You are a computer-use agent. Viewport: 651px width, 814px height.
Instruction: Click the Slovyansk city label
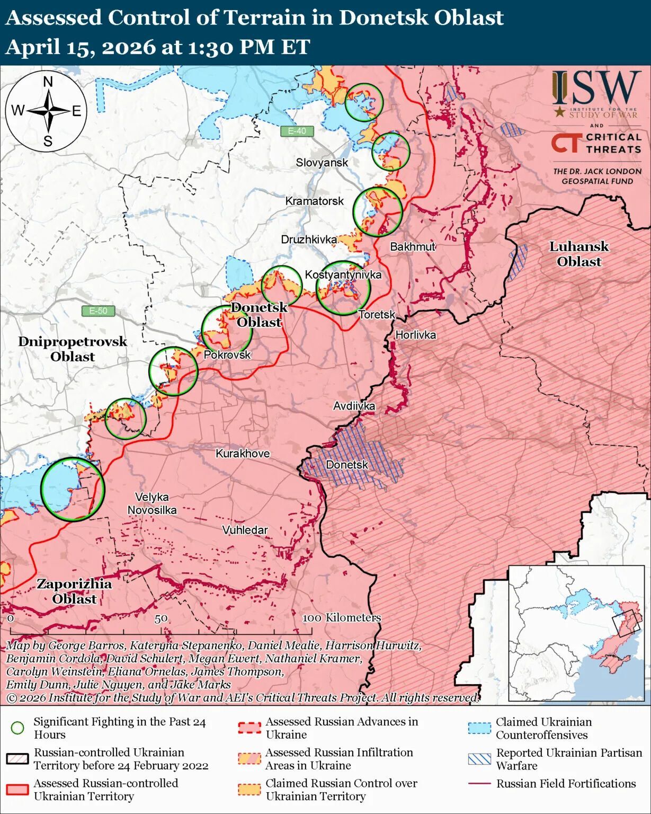(322, 162)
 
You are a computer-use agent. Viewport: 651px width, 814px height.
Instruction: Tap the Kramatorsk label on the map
(314, 201)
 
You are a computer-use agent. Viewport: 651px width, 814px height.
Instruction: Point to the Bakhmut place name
(412, 246)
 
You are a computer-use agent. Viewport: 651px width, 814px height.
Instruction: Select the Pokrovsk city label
(227, 355)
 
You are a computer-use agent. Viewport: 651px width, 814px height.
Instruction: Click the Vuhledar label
(245, 529)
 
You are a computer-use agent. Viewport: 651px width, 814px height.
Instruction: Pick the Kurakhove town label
(242, 453)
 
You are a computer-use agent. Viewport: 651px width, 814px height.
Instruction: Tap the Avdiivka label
(354, 406)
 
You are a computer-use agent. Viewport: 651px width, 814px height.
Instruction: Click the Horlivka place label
(415, 334)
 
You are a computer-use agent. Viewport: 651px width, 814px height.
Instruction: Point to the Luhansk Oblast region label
(578, 254)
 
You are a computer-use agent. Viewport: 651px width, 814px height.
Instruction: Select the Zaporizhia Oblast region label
(74, 591)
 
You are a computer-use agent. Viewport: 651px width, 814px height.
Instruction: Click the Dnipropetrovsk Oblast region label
(73, 349)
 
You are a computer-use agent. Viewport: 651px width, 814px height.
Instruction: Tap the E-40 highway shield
(297, 131)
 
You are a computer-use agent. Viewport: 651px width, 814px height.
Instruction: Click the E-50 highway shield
(99, 311)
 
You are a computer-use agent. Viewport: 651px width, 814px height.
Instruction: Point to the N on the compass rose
(48, 82)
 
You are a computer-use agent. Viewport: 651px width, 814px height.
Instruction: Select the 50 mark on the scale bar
(161, 618)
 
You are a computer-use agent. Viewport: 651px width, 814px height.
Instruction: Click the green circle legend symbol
(17, 728)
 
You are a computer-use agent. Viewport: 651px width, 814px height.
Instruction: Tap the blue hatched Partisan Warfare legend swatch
(479, 759)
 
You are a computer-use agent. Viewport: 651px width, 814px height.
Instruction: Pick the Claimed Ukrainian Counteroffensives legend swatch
(479, 728)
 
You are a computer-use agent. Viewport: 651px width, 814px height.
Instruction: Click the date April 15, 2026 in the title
(79, 47)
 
